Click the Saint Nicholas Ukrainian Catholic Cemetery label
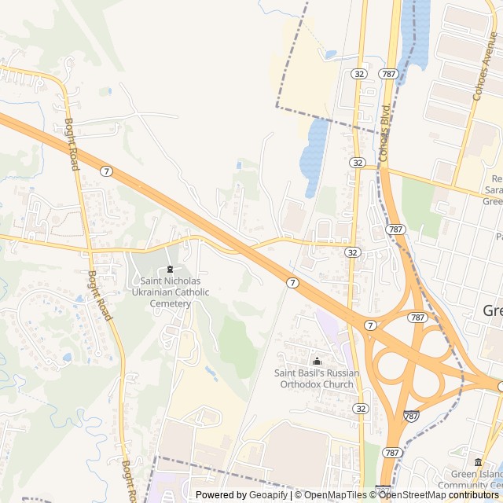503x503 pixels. tap(171, 292)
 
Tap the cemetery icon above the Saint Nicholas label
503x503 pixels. tap(171, 270)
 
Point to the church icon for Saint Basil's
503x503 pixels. tap(317, 361)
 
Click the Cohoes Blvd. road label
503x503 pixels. tap(385, 134)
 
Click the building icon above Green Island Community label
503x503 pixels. tap(478, 462)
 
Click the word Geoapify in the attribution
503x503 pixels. tap(268, 495)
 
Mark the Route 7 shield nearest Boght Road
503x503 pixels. tap(106, 171)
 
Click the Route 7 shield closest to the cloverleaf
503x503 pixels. tap(369, 325)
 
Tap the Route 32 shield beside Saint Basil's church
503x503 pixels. tap(360, 409)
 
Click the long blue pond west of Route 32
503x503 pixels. tap(314, 153)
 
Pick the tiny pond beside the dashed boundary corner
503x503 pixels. tap(331, 55)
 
